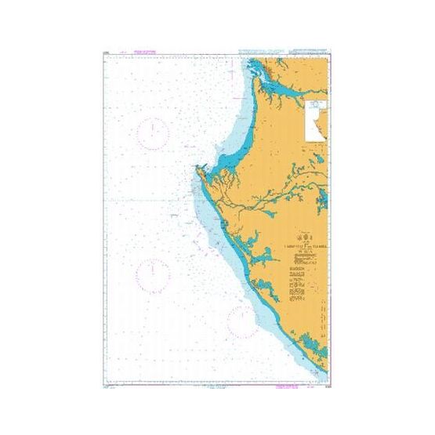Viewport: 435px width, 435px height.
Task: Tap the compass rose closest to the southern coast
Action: [240, 319]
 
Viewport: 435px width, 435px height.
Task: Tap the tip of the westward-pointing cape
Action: [196, 167]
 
